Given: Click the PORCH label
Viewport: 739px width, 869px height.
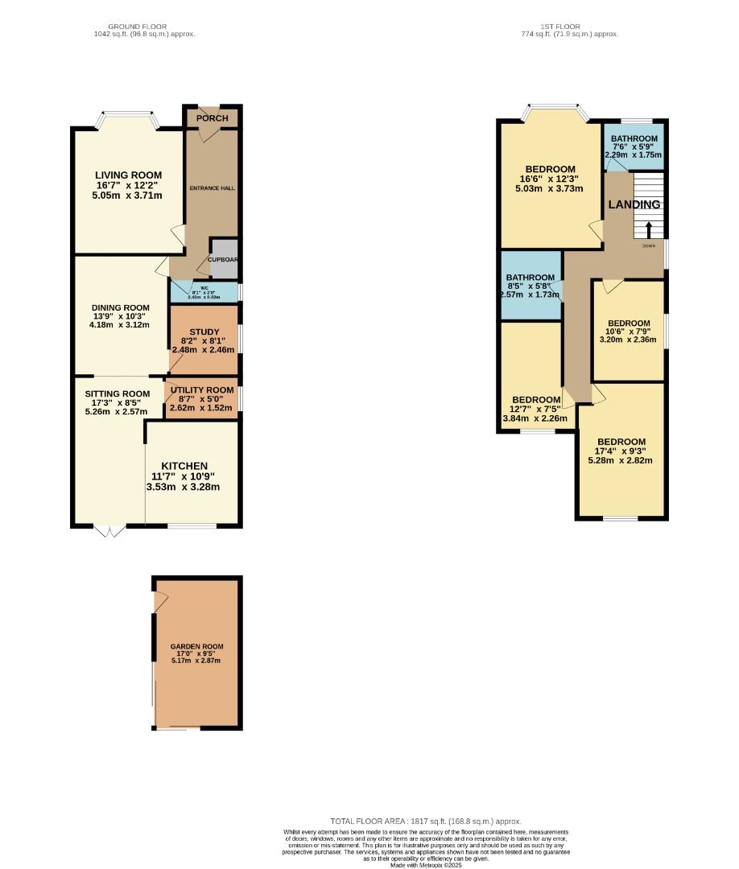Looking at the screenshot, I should (x=213, y=118).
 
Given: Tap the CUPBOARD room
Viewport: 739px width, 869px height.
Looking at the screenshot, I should (x=224, y=259).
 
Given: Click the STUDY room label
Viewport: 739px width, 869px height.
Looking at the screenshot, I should (x=204, y=332).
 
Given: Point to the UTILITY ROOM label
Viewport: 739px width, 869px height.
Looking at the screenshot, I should (x=202, y=390).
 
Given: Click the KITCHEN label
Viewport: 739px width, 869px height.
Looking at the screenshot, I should (x=184, y=466).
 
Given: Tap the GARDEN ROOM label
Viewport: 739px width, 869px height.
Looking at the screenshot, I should (x=196, y=646).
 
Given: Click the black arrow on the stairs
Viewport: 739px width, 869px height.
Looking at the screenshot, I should (x=649, y=229).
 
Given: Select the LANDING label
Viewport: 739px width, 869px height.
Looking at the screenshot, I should (x=634, y=204).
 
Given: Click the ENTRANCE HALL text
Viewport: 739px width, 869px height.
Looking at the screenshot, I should (x=213, y=188).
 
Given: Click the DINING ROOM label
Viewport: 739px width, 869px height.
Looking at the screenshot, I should (x=121, y=307).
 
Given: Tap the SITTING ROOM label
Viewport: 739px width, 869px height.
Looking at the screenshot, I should (x=118, y=393).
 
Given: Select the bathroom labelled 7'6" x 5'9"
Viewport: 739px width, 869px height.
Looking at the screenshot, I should (x=634, y=138).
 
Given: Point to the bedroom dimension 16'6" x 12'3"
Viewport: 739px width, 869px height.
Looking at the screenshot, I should (x=550, y=179).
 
